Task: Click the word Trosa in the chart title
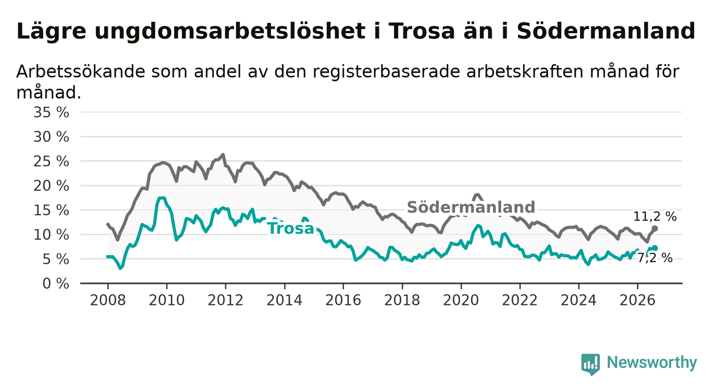(422, 32)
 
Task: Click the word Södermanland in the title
(606, 31)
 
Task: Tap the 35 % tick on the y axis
(51, 113)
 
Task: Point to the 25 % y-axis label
(51, 161)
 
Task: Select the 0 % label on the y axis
(56, 284)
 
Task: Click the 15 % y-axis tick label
(51, 210)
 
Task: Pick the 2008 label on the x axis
(108, 301)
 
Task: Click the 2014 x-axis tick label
(284, 301)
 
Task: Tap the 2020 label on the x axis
(461, 301)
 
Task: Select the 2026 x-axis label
(638, 301)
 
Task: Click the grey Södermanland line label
(471, 207)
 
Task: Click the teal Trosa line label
(290, 229)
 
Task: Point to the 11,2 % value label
(655, 217)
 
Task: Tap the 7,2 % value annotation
(655, 258)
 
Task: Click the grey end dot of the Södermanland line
(654, 229)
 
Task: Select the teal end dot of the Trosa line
(655, 248)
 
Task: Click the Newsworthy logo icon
(590, 364)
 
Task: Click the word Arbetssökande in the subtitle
(81, 72)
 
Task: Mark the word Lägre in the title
(51, 32)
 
